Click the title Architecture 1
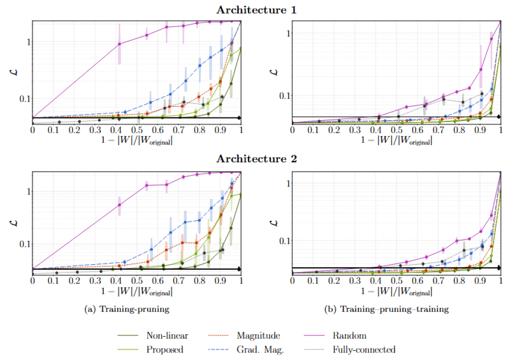pos(258,9)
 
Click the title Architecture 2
pos(258,159)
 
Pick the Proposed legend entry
pos(163,349)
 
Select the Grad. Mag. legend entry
pos(259,349)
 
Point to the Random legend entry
pos(349,336)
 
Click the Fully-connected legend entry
pos(364,349)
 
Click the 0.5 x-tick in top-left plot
pos(137,130)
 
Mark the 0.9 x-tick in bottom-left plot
pos(220,280)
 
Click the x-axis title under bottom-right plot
pos(397,291)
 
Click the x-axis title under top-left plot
pos(137,141)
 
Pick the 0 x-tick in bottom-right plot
pos(292,280)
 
